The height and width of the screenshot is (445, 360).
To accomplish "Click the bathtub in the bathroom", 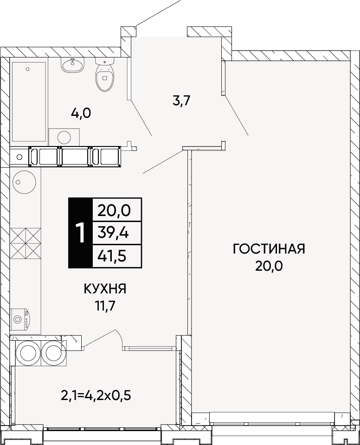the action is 29,102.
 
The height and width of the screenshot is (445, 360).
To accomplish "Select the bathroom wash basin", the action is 72,65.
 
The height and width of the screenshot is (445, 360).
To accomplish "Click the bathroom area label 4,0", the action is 81,114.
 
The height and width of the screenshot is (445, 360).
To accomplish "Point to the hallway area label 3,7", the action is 181,101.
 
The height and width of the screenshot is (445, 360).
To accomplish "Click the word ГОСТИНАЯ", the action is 269,249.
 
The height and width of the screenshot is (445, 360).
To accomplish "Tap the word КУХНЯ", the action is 105,289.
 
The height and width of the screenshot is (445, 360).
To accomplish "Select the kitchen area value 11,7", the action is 105,306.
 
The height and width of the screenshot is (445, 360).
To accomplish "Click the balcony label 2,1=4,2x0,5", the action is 96,395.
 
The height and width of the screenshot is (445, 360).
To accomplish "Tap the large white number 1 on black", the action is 81,233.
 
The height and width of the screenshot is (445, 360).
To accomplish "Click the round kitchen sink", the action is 24,182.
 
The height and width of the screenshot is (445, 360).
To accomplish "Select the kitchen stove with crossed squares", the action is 26,243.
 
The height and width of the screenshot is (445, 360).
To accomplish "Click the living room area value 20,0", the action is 269,266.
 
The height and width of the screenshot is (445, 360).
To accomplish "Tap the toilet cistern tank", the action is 104,61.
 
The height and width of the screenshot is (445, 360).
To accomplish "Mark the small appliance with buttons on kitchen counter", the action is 20,319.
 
